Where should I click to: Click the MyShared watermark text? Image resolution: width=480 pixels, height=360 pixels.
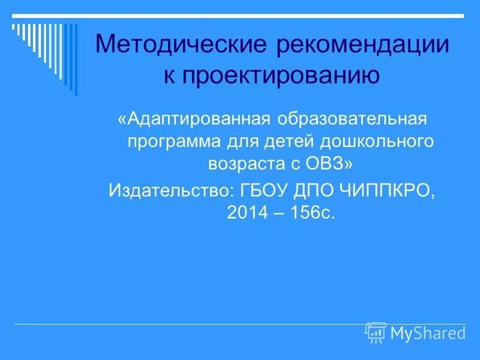(428, 332)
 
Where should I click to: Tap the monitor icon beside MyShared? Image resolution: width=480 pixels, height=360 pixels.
(376, 332)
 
